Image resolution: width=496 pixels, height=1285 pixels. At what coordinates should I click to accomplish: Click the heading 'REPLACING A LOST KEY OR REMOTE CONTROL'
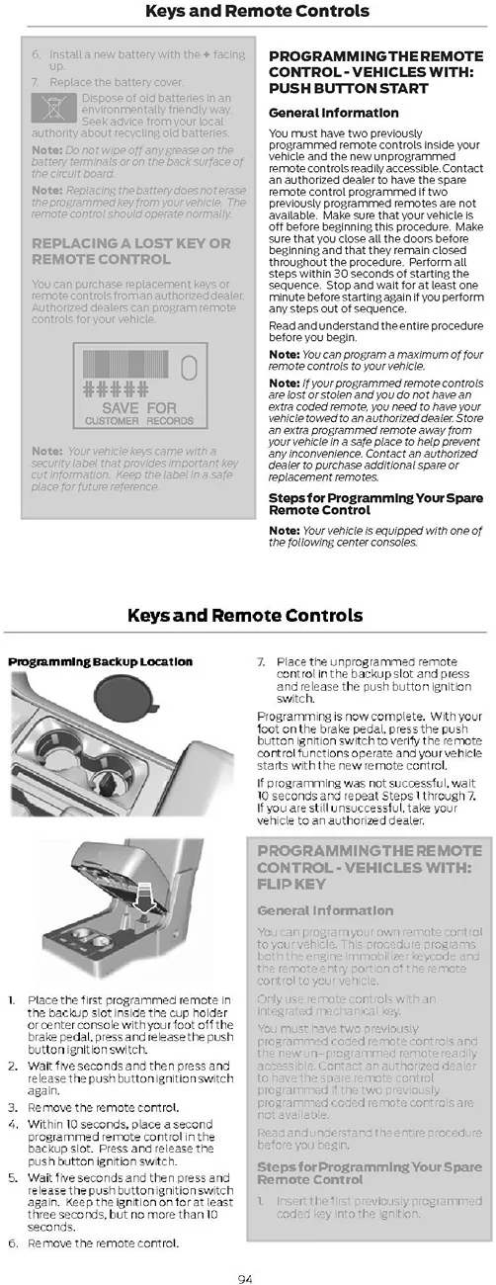[130, 251]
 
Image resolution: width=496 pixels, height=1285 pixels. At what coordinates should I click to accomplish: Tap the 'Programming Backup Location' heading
[100, 661]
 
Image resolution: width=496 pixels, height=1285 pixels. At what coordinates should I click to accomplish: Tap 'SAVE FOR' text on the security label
[138, 407]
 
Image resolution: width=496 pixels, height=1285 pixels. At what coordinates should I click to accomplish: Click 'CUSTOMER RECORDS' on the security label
[138, 421]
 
